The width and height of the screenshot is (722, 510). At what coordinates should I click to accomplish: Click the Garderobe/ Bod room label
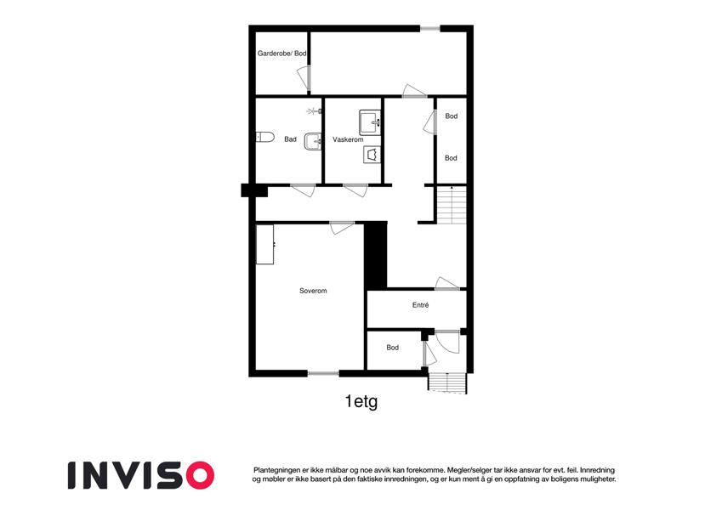[x=281, y=54]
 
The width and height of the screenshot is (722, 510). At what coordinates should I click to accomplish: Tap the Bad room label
[x=290, y=139]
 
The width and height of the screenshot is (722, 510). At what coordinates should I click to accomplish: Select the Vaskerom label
[x=348, y=139]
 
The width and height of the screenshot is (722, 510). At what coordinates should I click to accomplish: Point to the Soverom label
[x=313, y=291]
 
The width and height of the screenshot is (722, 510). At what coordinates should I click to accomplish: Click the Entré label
[x=420, y=304]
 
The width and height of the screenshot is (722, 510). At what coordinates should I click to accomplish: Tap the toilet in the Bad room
[x=265, y=137]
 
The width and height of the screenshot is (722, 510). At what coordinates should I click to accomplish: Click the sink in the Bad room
[x=313, y=141]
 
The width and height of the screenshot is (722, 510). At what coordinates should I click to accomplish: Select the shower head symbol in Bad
[x=314, y=111]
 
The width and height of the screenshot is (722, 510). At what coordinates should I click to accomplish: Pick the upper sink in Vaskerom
[x=370, y=122]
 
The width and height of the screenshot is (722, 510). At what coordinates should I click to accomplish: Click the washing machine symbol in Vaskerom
[x=372, y=155]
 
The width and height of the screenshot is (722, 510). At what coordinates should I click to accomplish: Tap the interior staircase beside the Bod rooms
[x=452, y=205]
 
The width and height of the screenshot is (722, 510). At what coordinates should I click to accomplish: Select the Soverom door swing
[x=342, y=228]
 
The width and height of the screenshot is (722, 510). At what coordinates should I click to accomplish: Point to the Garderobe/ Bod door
[x=304, y=78]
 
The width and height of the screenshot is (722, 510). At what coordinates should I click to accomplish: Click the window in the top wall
[x=430, y=29]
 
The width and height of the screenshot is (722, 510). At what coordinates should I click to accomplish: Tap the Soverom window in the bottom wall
[x=323, y=373]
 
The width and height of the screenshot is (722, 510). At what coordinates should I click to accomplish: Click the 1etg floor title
[x=361, y=401]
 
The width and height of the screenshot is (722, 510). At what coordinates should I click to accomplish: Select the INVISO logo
[x=141, y=475]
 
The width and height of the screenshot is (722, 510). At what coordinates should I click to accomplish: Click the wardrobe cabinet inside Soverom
[x=265, y=245]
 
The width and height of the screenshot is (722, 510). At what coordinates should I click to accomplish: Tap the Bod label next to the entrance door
[x=392, y=348]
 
